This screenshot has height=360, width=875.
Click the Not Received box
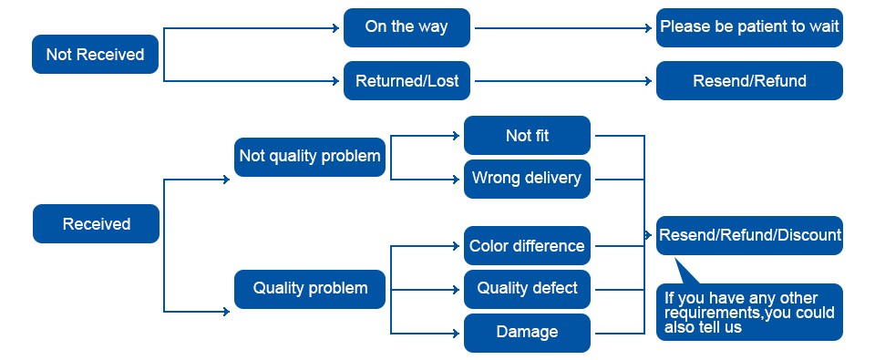[x=96, y=54]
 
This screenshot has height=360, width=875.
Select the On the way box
[x=407, y=27]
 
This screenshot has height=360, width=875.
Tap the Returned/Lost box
[x=407, y=80]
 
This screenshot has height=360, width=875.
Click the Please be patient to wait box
[x=749, y=27]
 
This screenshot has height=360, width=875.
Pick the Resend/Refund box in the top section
[x=749, y=80]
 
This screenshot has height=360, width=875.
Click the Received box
[x=96, y=224]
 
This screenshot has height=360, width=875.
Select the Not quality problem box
[x=310, y=157]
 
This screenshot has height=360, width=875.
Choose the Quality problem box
[x=310, y=289]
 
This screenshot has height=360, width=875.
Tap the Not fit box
[x=527, y=135]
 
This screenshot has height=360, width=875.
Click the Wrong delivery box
[x=527, y=179]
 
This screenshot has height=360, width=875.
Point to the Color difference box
[x=527, y=245]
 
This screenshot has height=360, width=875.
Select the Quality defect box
[x=527, y=289]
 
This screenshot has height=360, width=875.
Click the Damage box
[x=527, y=333]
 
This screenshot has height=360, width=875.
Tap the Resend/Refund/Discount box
[x=749, y=235]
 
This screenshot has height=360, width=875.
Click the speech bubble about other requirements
[x=749, y=312]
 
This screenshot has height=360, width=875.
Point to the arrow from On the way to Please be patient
[x=563, y=28]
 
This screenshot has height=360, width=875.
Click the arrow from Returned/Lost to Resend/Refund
[x=563, y=81]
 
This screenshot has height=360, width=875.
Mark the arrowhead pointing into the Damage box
[x=456, y=334]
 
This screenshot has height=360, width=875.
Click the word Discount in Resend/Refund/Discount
[x=809, y=235]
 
